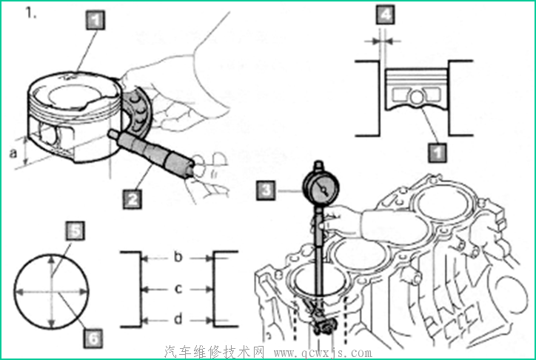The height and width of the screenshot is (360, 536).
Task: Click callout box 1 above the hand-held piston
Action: tap(96, 20)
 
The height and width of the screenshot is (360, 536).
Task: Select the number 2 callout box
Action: tap(133, 199)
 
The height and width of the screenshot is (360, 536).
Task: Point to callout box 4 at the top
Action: tap(386, 15)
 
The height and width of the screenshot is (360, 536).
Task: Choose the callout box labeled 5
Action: tap(76, 231)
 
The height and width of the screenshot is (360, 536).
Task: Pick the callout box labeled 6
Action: tap(93, 339)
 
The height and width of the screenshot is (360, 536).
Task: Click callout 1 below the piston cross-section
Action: tap(438, 153)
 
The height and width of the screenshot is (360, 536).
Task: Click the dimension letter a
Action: tap(13, 153)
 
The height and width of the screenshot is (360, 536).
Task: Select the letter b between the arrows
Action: tap(178, 257)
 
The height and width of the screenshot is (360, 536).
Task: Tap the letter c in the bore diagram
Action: tap(178, 289)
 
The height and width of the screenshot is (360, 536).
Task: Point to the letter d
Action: tap(178, 319)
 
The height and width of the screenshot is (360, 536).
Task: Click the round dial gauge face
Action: tap(321, 188)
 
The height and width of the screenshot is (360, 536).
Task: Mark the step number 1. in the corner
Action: tap(31, 13)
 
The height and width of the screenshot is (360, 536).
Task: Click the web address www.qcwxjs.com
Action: tap(323, 353)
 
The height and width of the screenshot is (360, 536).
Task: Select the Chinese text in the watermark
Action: tap(215, 352)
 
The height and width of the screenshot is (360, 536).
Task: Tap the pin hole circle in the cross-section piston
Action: tap(416, 98)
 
